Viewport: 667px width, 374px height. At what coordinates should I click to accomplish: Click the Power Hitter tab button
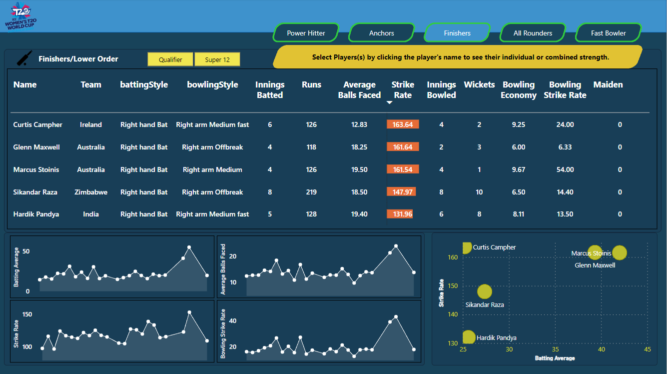pos(306,33)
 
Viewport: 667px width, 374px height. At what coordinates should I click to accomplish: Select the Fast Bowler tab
pos(609,33)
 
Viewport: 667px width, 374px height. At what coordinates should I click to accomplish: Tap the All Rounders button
pos(533,33)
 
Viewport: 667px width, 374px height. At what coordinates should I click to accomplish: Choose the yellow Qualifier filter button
pos(170,59)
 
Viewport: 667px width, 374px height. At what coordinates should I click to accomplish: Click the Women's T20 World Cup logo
pos(21,16)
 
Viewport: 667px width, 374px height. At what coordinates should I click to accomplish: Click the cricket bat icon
pos(24,58)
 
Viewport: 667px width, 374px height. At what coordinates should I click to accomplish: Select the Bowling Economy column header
pos(519,89)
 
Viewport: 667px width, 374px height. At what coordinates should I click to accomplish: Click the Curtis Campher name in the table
pos(38,124)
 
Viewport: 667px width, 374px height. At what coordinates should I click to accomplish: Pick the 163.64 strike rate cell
pos(403,124)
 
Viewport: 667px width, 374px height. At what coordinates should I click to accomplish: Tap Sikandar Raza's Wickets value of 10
pos(479,192)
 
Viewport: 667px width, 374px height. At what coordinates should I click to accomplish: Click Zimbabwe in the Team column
pos(91,192)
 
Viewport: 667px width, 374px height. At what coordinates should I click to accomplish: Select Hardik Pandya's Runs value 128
pos(311,214)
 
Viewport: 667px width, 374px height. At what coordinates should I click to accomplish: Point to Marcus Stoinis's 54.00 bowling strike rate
pos(565,169)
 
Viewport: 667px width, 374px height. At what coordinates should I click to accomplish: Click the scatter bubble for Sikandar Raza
pos(485,291)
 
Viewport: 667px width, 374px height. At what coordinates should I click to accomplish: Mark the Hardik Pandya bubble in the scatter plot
pos(469,337)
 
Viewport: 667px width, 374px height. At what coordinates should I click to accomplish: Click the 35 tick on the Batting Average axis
pos(556,349)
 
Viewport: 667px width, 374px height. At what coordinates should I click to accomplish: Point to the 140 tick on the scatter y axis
pos(453,314)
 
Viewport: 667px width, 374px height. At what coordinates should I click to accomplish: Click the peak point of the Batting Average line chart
pos(189,247)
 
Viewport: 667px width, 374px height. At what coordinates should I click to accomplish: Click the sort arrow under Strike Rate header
pos(389,102)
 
